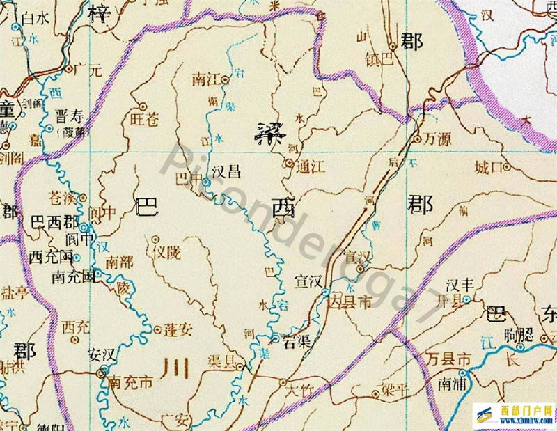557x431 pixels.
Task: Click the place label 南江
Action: click(x=204, y=79)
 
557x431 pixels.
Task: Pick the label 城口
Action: click(x=488, y=167)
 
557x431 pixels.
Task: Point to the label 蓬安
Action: click(x=178, y=330)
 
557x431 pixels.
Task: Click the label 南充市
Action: click(x=132, y=382)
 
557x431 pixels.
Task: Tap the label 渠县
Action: click(x=222, y=363)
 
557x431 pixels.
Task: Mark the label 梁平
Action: click(x=394, y=391)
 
